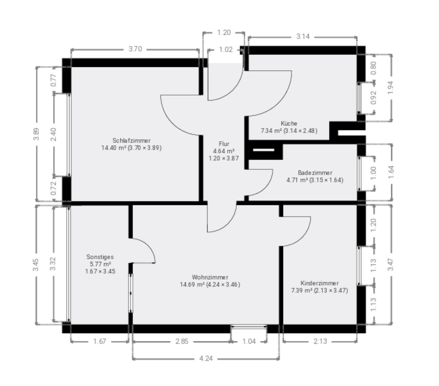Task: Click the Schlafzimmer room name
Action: pyautogui.click(x=131, y=140)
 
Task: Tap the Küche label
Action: pyautogui.click(x=289, y=123)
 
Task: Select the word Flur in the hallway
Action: pyautogui.click(x=224, y=144)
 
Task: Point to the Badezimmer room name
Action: pyautogui.click(x=315, y=173)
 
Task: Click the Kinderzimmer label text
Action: pyautogui.click(x=319, y=283)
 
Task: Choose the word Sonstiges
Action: pyautogui.click(x=100, y=257)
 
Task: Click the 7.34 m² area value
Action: pyautogui.click(x=271, y=131)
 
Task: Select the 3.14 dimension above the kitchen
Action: pyautogui.click(x=303, y=37)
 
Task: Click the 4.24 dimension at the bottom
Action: pyautogui.click(x=206, y=359)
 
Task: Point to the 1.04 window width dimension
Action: pyautogui.click(x=249, y=341)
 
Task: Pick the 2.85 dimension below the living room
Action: pyautogui.click(x=182, y=341)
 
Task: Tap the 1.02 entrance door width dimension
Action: pyautogui.click(x=225, y=50)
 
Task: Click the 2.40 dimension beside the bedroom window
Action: pyautogui.click(x=54, y=134)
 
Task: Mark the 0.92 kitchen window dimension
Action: pyautogui.click(x=374, y=98)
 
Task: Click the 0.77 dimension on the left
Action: pyautogui.click(x=54, y=80)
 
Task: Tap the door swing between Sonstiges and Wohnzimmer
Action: pyautogui.click(x=144, y=251)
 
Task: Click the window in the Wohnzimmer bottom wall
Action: pyautogui.click(x=249, y=327)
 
